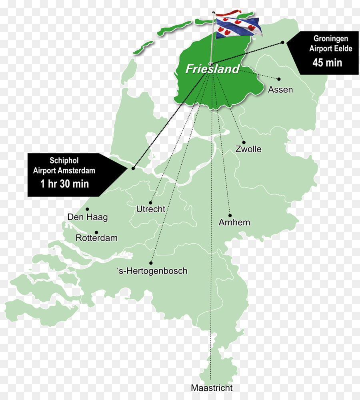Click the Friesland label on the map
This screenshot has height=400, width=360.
(212, 69)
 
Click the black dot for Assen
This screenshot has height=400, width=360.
(279, 79)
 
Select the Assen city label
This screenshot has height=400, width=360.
(280, 90)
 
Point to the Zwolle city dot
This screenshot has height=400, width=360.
(244, 142)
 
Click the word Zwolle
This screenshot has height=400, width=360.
(248, 149)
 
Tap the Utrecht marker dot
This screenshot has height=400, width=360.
(151, 202)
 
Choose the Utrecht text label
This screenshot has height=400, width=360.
(151, 209)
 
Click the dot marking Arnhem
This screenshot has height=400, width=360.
(230, 215)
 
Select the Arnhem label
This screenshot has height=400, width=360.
(234, 222)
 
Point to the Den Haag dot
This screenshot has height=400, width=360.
(88, 209)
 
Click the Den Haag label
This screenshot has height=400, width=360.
(88, 217)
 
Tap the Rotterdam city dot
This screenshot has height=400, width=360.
(96, 232)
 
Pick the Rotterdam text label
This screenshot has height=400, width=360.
(97, 238)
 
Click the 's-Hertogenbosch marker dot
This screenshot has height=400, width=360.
(151, 263)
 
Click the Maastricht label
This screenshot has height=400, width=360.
(212, 388)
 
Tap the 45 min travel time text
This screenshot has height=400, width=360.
(328, 62)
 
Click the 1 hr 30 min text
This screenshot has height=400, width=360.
(64, 184)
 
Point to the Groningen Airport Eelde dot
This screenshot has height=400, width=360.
(282, 42)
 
